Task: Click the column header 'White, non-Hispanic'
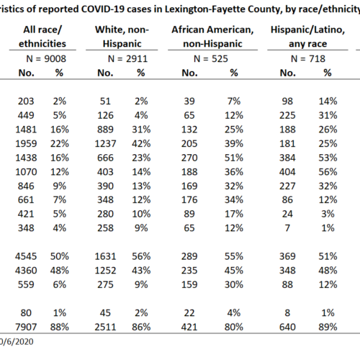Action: point(122,37)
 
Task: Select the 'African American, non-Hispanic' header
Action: point(212,37)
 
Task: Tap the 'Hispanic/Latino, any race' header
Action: point(307,37)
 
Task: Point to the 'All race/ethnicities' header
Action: point(42,37)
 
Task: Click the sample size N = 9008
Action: point(46,58)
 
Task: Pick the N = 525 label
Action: point(211,58)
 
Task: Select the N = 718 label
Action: point(308,58)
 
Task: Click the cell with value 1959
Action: point(26,143)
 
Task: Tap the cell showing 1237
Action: point(105,143)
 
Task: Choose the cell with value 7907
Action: point(26,327)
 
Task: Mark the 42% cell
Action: point(141,143)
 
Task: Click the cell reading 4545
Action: point(26,256)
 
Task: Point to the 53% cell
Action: point(328,158)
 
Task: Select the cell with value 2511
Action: point(105,327)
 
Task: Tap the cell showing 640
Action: point(287,327)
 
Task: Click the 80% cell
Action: point(234,327)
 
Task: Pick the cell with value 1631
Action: point(105,256)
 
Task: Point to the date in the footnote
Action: point(17,341)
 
